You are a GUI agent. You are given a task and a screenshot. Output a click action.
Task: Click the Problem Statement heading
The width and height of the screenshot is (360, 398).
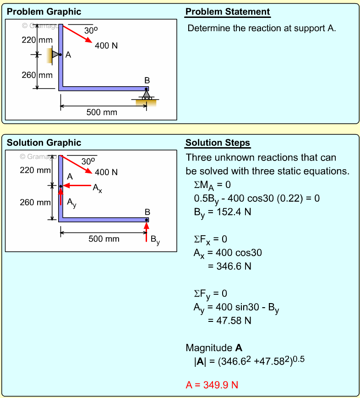coord(227,12)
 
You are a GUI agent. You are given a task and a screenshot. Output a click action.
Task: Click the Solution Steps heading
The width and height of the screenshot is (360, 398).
coord(218,143)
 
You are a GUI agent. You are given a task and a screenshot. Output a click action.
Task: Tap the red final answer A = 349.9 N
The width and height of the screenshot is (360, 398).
coord(212,385)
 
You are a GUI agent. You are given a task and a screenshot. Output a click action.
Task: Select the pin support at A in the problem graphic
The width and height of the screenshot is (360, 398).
coord(55,55)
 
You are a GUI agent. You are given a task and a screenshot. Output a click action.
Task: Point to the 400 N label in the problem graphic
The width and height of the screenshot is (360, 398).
coord(106,46)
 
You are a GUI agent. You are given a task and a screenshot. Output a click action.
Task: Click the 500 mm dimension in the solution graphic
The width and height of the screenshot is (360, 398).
coord(104,238)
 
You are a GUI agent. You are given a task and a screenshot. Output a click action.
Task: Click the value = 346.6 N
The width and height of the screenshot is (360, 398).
coord(229,266)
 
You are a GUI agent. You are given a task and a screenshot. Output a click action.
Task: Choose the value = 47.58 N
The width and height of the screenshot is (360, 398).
coord(229,320)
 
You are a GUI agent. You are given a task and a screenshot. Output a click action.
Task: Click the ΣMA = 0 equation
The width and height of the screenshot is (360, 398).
coord(212,185)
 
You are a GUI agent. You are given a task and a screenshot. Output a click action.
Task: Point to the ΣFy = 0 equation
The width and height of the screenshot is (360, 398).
coord(211,293)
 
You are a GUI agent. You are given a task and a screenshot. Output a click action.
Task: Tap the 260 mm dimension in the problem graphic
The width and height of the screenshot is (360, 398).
coord(38,75)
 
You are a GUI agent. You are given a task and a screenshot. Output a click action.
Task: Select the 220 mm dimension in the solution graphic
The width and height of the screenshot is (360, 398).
coord(35,171)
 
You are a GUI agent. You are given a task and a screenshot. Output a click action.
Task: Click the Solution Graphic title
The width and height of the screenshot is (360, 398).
coord(44,143)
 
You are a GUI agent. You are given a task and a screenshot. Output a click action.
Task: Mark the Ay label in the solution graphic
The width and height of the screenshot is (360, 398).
coord(71,202)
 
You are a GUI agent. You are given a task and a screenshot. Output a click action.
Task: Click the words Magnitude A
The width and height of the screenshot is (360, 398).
coord(214,348)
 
